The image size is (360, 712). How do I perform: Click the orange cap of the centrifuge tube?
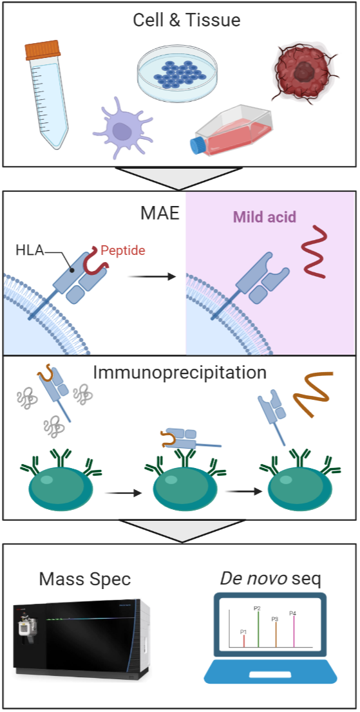point(43,50)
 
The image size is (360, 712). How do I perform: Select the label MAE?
point(160,214)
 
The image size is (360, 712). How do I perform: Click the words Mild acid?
point(265,217)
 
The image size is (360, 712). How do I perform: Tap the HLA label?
point(30,250)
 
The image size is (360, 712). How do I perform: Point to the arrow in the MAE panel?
point(151,277)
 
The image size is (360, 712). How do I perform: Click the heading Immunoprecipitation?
point(179,373)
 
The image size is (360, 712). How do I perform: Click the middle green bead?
point(182,491)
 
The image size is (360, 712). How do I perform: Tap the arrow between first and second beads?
point(123,492)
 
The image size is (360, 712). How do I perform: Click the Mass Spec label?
point(85,579)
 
